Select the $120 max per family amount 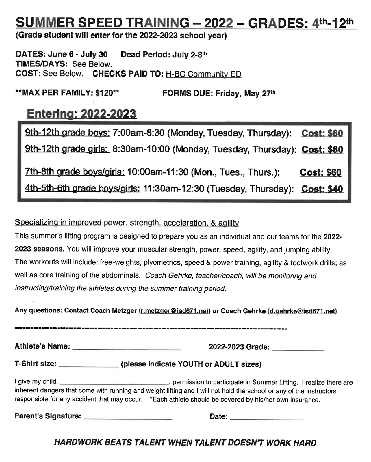[104, 93]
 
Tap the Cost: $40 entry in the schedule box [322, 189]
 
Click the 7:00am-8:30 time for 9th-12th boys [138, 133]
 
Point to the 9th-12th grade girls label [67, 149]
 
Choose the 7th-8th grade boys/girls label [75, 172]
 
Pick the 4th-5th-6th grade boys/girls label [82, 188]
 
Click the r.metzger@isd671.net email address [175, 311]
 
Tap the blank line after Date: [266, 418]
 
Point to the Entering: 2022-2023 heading [81, 114]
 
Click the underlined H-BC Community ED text [203, 74]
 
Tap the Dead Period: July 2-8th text [164, 55]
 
